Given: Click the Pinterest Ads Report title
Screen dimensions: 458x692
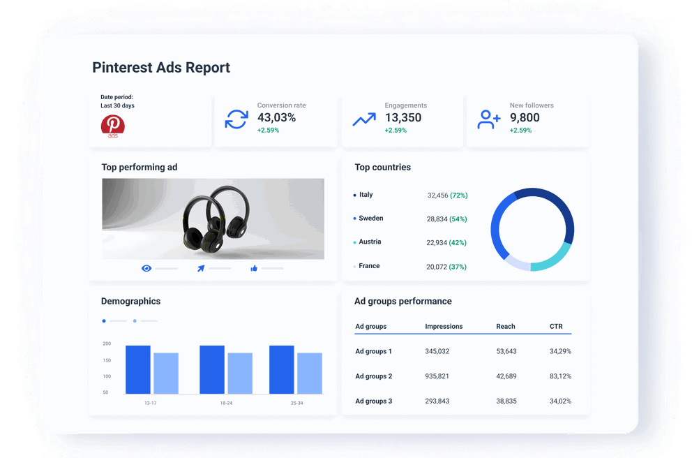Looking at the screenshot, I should coord(161,68).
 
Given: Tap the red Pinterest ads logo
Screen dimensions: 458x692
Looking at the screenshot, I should coord(112,126).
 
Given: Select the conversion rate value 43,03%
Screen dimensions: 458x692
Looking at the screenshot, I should coord(276,118).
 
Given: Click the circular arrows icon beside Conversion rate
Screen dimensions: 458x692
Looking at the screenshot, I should coord(236,119).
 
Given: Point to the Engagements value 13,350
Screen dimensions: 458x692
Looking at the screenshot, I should coord(403,118).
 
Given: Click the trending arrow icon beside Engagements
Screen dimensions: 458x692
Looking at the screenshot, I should coord(363,119).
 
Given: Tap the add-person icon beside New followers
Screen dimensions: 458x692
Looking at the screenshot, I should coord(488,119).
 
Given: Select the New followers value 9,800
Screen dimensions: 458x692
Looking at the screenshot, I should coord(525,118).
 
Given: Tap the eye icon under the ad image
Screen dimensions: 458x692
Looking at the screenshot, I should coord(146,268).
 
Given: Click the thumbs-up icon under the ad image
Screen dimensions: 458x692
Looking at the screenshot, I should coord(254,268).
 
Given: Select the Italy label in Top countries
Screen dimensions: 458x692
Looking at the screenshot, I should coord(366,195).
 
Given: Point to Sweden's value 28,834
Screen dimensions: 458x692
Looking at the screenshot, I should coord(437,219).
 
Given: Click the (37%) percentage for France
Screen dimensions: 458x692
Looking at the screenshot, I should coord(458,267).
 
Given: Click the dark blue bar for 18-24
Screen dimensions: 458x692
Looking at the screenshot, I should coord(212,370).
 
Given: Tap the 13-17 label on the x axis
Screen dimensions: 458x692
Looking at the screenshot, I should coord(150,403).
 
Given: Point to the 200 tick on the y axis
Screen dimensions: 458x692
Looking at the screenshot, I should coord(107,343).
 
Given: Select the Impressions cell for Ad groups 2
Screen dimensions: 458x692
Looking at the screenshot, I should coord(437,376).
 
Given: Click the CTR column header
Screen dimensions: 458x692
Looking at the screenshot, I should coord(556,326).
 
